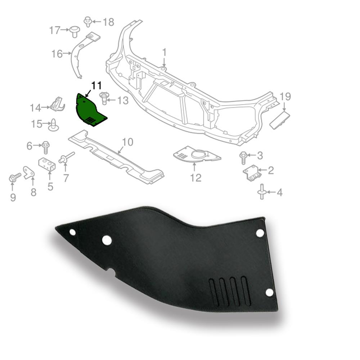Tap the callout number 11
(x=96, y=86)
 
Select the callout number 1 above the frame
(x=164, y=53)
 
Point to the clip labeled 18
(x=87, y=21)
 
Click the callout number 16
(x=57, y=54)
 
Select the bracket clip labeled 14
(x=58, y=104)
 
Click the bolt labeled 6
(x=46, y=147)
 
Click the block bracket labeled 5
(x=47, y=165)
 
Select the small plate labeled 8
(x=29, y=172)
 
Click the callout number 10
(x=127, y=142)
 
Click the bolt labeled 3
(x=243, y=156)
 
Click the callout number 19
(x=285, y=96)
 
